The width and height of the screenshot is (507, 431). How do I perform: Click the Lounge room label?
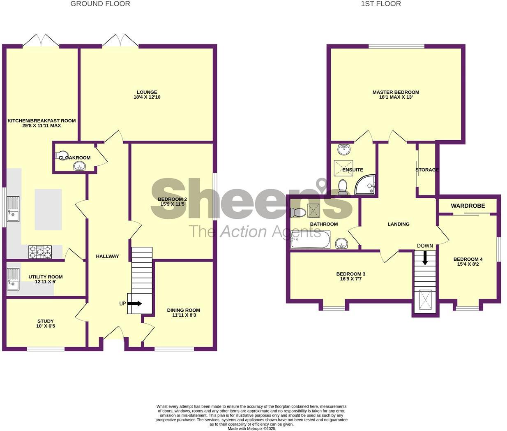[x=147, y=93]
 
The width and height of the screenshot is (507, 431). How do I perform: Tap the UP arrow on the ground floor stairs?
[x=134, y=304]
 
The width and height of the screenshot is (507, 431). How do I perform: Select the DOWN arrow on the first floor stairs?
[x=425, y=257]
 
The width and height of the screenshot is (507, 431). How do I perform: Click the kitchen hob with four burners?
[x=40, y=252]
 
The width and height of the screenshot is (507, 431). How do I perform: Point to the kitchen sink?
[x=13, y=209]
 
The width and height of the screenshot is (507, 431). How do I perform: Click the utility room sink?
[x=13, y=279]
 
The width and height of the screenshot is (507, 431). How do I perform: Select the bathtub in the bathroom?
[x=310, y=240]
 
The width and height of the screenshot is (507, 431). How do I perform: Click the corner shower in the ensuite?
[x=366, y=185]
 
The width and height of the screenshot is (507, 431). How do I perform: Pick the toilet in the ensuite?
[x=342, y=187]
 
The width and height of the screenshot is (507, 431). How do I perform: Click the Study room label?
[x=45, y=321]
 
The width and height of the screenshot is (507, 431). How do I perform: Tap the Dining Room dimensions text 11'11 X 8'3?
[x=183, y=315]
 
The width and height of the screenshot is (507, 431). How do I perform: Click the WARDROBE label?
[x=468, y=206]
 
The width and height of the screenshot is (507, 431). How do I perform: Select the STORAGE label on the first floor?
[x=427, y=170]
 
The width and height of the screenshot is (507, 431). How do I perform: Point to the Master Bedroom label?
[x=396, y=93]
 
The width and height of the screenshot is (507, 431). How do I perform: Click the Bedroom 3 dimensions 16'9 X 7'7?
[x=350, y=279]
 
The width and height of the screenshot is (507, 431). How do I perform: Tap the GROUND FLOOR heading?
[x=100, y=4]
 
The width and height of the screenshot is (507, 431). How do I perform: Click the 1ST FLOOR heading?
[x=380, y=4]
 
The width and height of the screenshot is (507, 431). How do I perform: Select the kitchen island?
[x=48, y=209]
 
